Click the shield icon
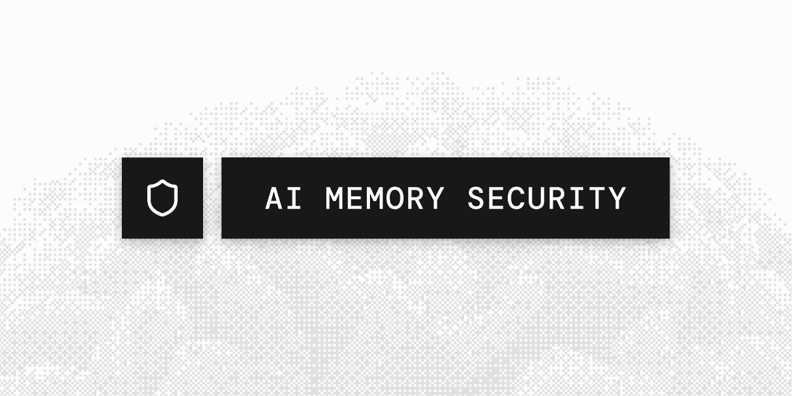[x=162, y=198]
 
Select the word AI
[x=283, y=198]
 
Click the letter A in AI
[x=274, y=198]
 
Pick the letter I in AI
[x=294, y=198]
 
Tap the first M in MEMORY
[x=334, y=198]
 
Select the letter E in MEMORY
[x=354, y=198]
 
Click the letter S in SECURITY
[x=476, y=198]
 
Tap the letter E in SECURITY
[x=496, y=198]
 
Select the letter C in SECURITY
[x=517, y=198]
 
